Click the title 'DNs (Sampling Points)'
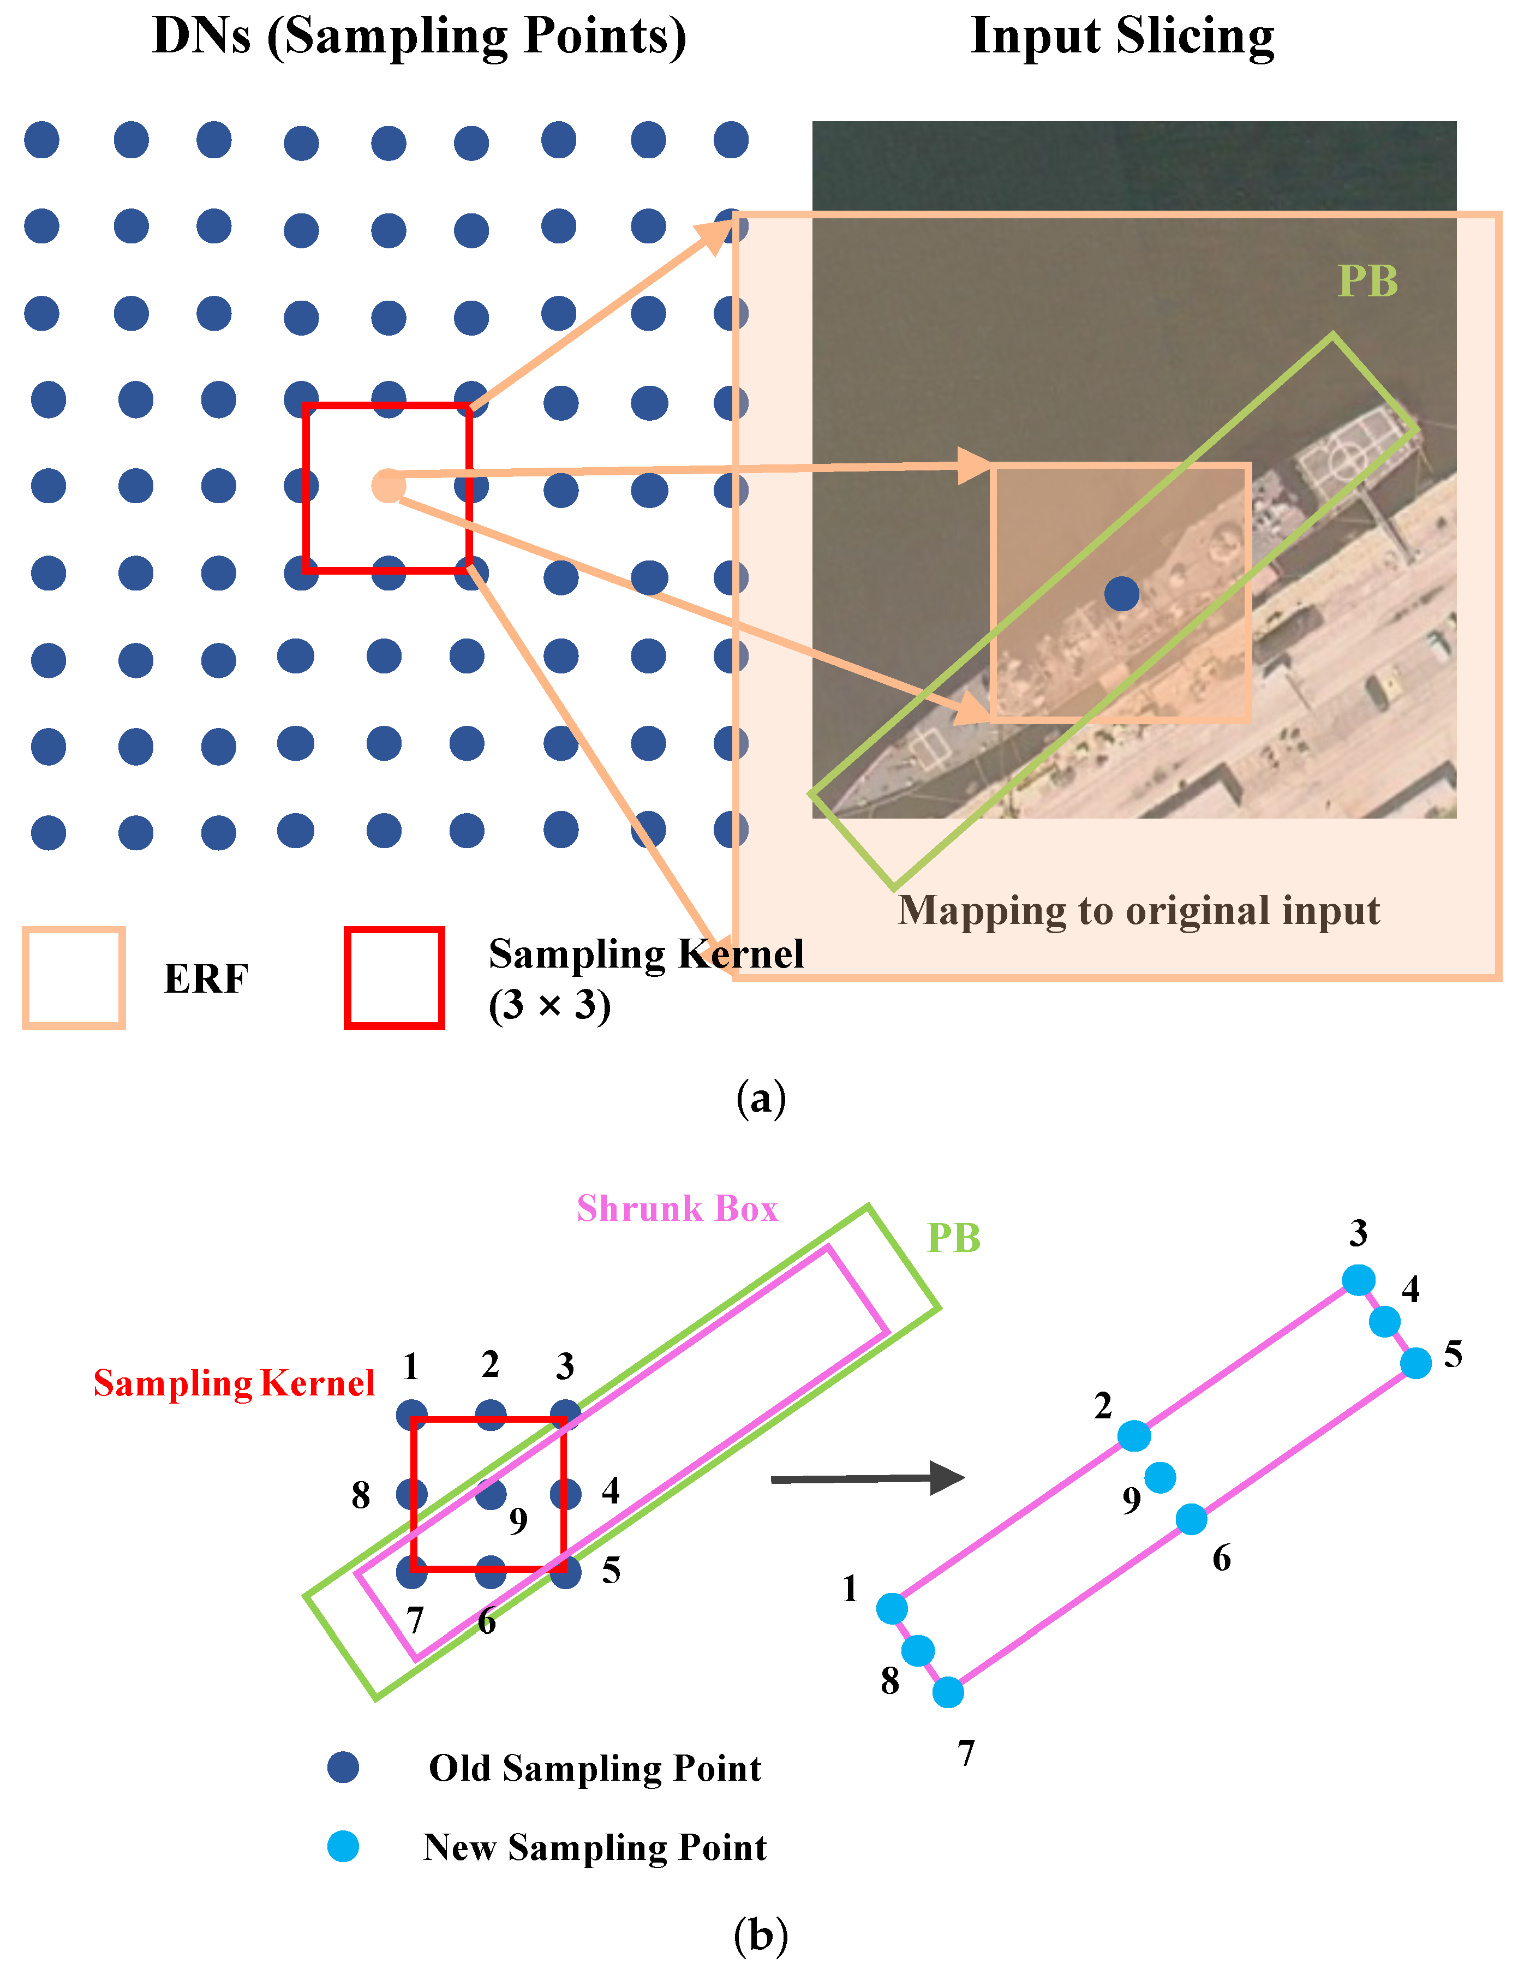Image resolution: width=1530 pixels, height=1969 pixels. (x=419, y=38)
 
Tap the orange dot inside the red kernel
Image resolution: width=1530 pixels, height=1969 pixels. (x=389, y=486)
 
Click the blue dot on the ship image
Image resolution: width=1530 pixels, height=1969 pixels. (x=1121, y=593)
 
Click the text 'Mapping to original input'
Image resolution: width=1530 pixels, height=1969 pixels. (x=1138, y=911)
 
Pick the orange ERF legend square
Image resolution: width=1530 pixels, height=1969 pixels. (x=73, y=977)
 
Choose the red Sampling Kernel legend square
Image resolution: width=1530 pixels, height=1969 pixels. (x=394, y=977)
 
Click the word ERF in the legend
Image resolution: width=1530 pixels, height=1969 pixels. (x=206, y=979)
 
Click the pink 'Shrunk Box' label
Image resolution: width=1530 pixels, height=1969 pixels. (x=677, y=1209)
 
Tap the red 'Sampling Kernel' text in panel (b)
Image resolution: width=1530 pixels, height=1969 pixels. (x=234, y=1383)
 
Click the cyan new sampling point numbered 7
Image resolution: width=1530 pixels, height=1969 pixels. (x=948, y=1692)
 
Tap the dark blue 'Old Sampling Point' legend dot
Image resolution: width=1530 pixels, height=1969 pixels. (x=343, y=1767)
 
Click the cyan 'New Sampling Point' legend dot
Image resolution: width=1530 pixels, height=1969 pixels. (x=343, y=1846)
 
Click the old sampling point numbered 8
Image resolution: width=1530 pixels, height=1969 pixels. (x=411, y=1494)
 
